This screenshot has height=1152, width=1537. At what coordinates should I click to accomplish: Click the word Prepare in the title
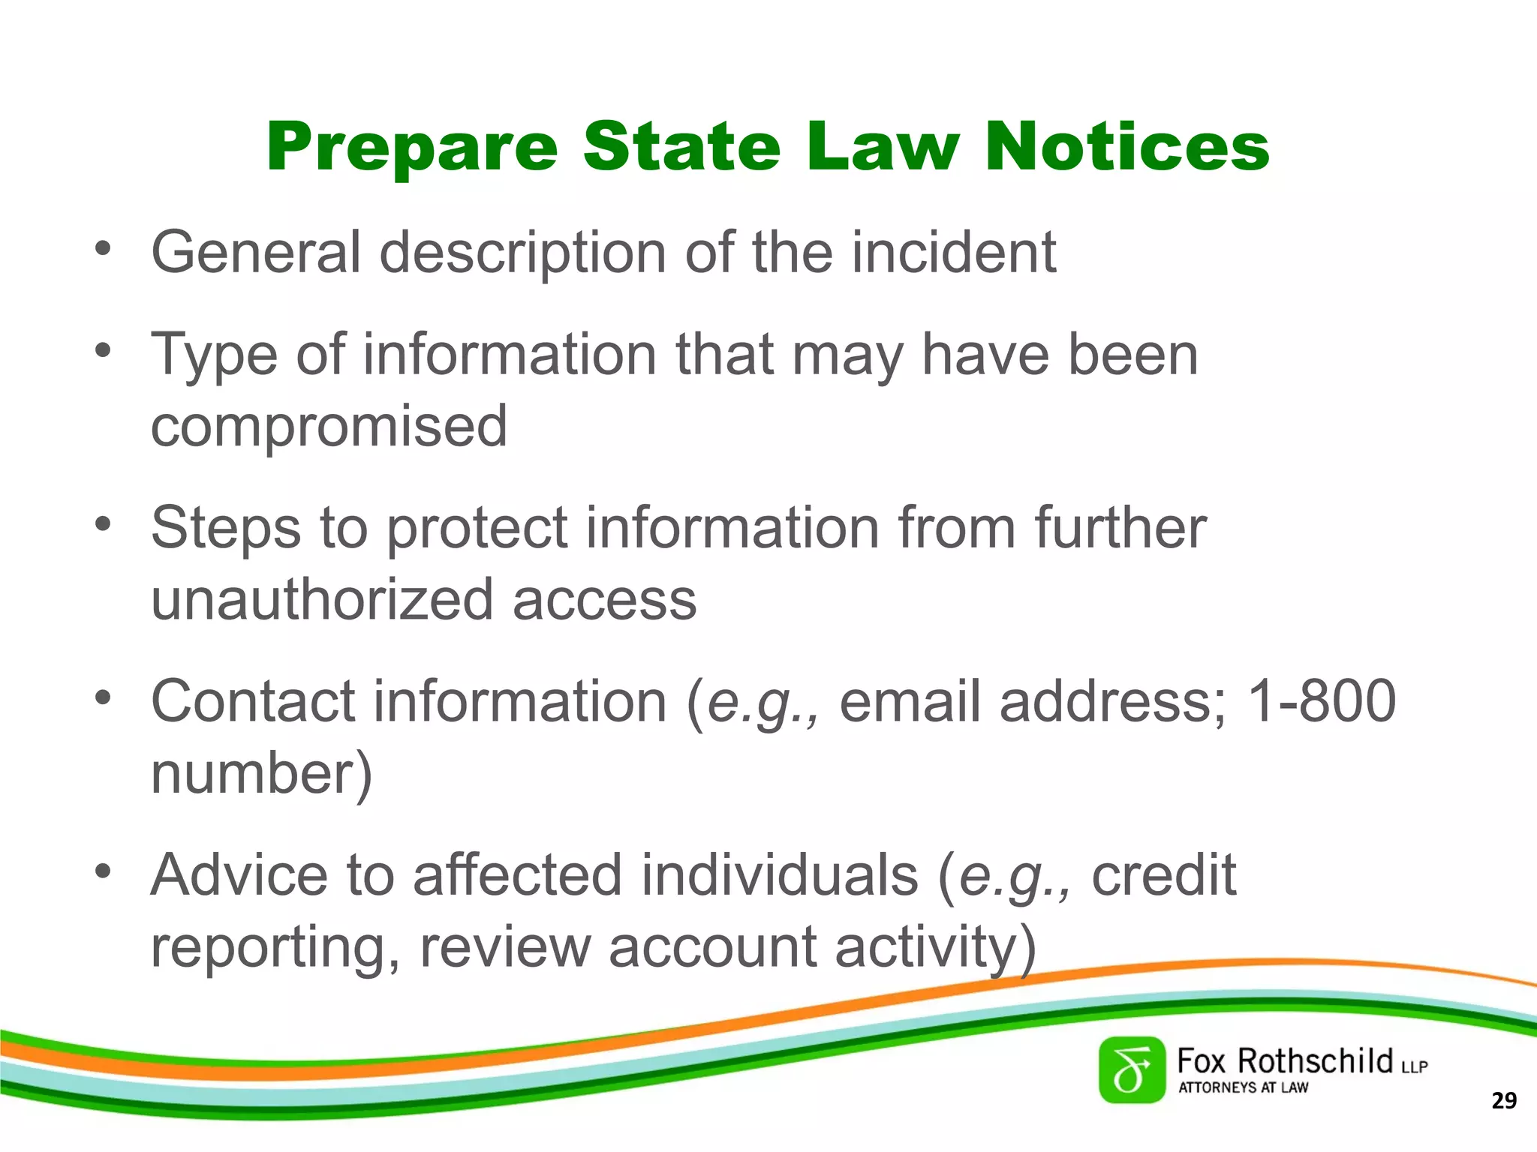coord(412,148)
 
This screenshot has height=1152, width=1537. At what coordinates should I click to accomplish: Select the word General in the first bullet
coord(256,252)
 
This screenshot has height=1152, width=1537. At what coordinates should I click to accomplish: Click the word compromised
coord(329,426)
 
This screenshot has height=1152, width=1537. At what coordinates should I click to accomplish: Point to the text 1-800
coord(1320,701)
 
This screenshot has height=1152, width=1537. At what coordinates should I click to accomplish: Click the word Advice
coord(239,874)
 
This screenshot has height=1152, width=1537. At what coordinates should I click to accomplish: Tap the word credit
coord(1163,874)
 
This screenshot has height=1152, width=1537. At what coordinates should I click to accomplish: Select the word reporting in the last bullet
coord(275,946)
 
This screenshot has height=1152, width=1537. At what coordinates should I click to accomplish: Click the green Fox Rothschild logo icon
coord(1132,1070)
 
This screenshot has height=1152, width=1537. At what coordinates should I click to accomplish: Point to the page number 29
coord(1503,1101)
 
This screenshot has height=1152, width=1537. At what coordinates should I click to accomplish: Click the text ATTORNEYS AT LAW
coord(1243,1087)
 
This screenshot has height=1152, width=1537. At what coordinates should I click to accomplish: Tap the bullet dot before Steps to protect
coord(103,523)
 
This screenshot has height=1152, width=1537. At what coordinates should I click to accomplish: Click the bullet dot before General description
coord(103,247)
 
